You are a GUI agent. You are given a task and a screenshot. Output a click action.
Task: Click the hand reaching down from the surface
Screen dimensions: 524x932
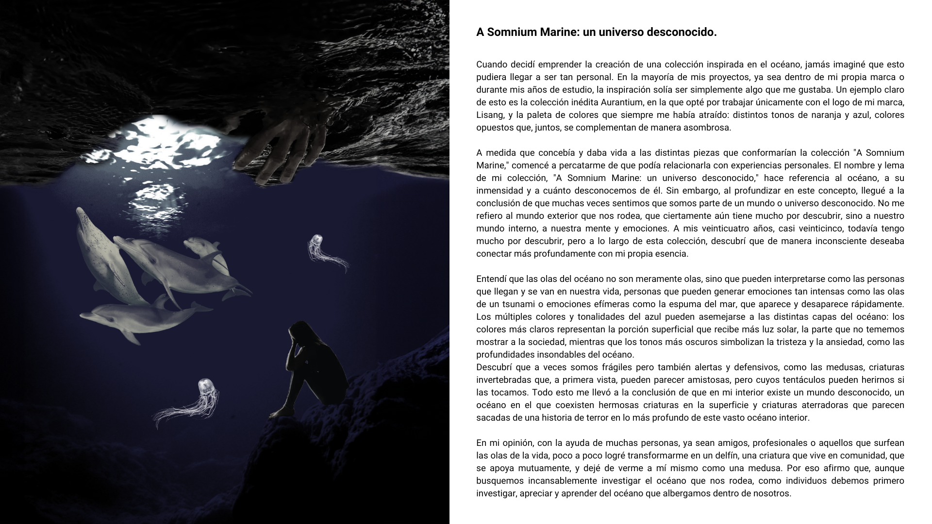click(x=282, y=146)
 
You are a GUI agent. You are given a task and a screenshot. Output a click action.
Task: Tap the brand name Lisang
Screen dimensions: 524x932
click(x=489, y=115)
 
